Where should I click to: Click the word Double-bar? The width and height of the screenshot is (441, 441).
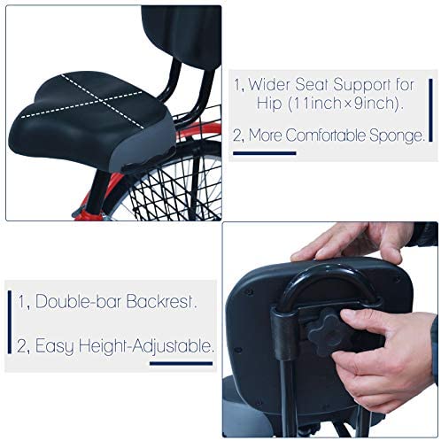(78, 301)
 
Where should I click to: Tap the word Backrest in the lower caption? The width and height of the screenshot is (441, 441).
(159, 301)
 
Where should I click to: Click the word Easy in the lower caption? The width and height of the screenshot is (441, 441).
(54, 346)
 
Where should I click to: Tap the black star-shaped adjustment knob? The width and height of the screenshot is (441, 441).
(329, 331)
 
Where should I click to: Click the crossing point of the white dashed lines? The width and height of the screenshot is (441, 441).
(101, 101)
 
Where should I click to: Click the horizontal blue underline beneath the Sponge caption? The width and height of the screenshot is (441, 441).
(265, 153)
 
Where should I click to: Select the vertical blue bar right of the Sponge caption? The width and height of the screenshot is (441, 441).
(430, 110)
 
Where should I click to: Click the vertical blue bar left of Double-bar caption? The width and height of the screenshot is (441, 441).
(10, 322)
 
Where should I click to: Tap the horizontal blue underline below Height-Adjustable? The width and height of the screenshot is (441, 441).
(181, 363)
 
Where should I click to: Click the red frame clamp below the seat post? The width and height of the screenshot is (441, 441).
(89, 215)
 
